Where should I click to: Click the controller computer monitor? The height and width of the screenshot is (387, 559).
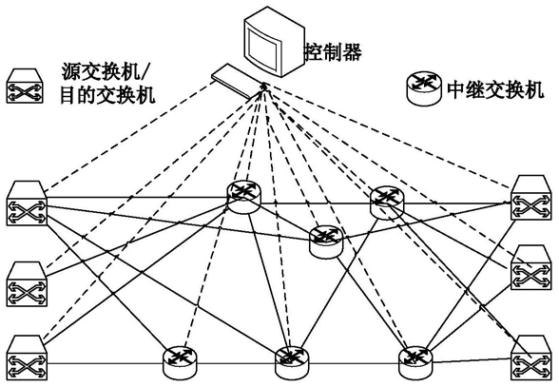coord(274,42)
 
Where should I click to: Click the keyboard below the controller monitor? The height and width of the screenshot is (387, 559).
coord(237,81)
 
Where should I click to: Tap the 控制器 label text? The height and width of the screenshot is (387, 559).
coord(334,52)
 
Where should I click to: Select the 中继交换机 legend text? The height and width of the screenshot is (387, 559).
coord(495,89)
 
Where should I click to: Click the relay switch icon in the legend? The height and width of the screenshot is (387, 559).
coord(425,88)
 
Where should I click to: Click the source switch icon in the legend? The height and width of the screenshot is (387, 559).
coord(25,86)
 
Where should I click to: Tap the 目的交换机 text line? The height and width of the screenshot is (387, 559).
coord(107,96)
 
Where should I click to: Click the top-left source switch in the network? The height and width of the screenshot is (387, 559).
coord(27,203)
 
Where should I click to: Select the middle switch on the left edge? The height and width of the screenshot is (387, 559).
coord(27,284)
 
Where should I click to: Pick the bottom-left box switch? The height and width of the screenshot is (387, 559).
coord(27,358)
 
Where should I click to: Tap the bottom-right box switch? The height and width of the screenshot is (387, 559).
coord(530,358)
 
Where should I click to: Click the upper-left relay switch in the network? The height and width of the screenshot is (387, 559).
coord(243,197)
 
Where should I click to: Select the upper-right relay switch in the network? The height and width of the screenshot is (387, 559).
coord(387,203)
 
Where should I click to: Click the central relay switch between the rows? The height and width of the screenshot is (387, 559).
coord(326,242)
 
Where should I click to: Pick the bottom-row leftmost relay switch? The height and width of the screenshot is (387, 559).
coord(180,362)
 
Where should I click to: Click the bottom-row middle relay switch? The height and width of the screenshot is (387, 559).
coord(292,363)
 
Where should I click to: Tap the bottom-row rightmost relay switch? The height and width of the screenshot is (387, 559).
coord(414,363)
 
